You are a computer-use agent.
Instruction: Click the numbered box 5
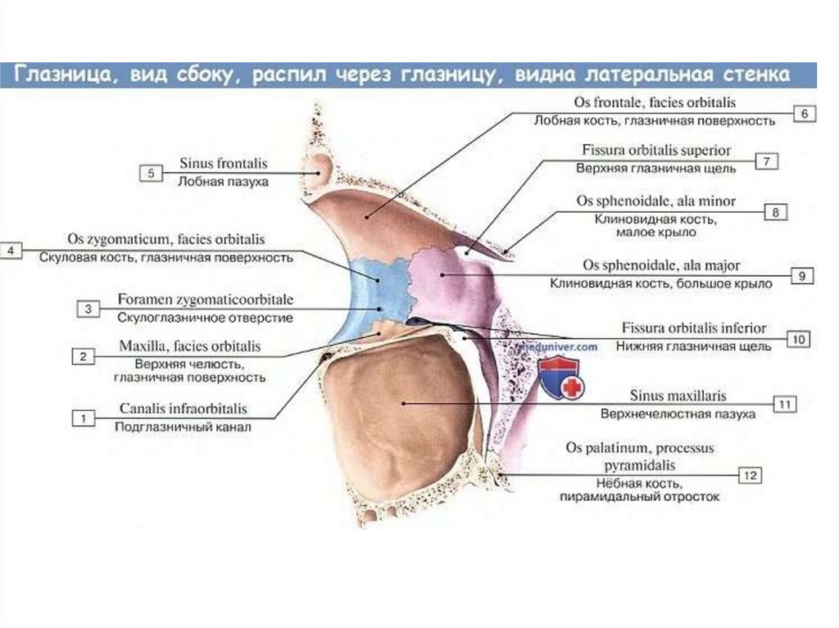[x=152, y=173]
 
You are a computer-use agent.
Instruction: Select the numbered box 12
[x=751, y=474]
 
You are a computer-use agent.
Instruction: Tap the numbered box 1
[x=83, y=418]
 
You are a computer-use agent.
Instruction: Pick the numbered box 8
[x=775, y=213]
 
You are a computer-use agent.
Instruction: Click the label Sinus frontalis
[x=224, y=164]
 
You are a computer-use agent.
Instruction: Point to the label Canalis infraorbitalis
[x=184, y=408]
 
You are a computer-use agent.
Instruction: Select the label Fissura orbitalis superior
[x=667, y=151]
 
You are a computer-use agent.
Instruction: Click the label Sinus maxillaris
[x=677, y=395]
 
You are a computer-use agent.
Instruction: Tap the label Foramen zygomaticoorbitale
[x=205, y=299]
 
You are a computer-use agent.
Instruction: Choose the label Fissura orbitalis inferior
[x=694, y=328]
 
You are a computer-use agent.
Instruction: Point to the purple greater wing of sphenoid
[x=447, y=278]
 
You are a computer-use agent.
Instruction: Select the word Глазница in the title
[x=66, y=75]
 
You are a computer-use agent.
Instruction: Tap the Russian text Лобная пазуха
[x=223, y=181]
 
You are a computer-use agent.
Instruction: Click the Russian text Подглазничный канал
[x=183, y=426]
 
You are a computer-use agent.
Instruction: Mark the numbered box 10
[x=796, y=337]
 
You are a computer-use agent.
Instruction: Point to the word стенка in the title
[x=755, y=75]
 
